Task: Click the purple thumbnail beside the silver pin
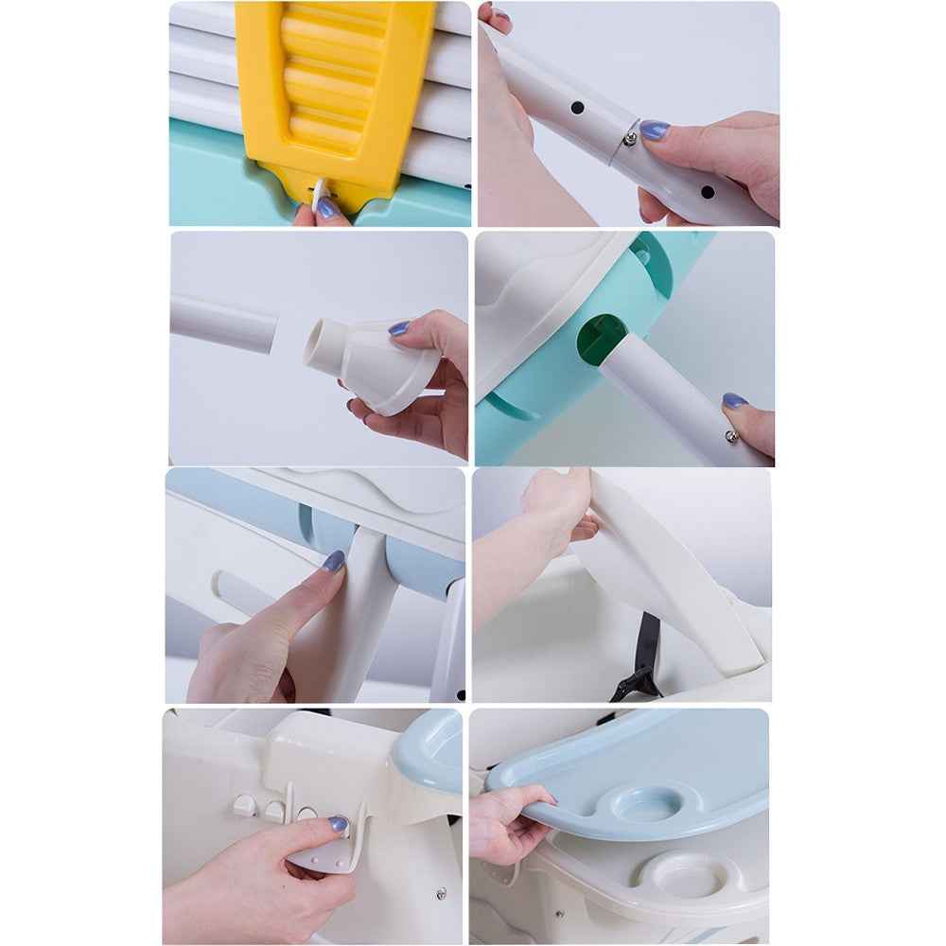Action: coord(652,130)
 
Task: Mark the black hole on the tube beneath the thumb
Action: coord(707,192)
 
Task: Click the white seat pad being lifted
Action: coord(662,577)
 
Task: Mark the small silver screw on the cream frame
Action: coord(440,891)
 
